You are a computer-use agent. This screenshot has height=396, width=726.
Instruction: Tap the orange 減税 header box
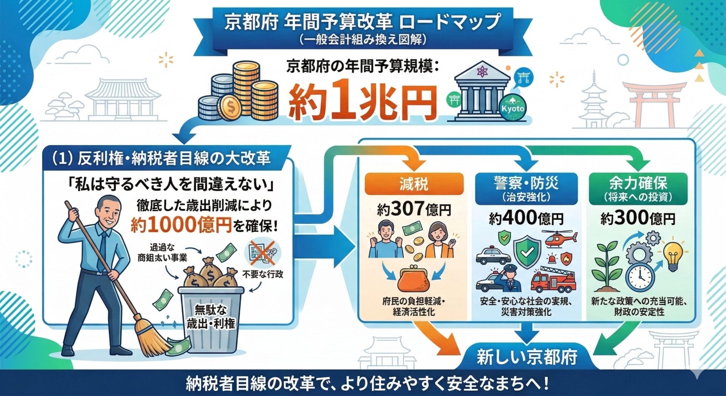[x=414, y=184]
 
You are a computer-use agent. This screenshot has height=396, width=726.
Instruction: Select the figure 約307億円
[x=414, y=209]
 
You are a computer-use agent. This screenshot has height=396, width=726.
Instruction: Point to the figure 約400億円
[x=526, y=218]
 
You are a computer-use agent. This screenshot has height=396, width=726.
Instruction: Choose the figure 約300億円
[x=638, y=218]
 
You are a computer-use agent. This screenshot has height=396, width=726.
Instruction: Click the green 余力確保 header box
[x=638, y=188]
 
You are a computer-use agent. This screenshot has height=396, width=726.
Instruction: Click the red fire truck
[x=553, y=280]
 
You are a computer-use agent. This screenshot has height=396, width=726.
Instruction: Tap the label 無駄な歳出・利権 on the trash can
[x=211, y=317]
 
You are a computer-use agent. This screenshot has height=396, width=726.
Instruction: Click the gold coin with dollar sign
[x=231, y=108]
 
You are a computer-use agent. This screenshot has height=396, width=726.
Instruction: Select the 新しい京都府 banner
[x=526, y=357]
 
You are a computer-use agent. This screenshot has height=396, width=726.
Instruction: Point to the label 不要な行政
[x=262, y=274]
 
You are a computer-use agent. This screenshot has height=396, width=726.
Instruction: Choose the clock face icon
[x=640, y=277]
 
